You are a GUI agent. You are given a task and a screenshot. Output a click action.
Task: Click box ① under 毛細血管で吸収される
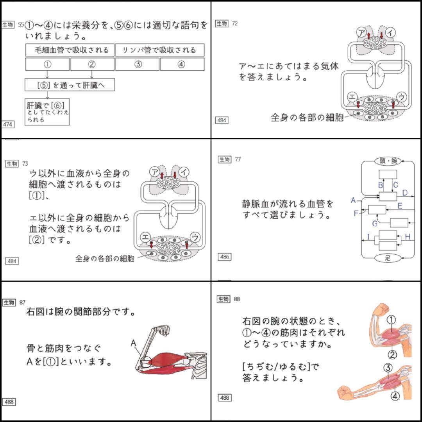[47, 64]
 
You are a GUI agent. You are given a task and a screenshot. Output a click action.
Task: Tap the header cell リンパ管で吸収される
[159, 50]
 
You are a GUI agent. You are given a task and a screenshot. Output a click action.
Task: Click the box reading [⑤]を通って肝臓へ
[70, 85]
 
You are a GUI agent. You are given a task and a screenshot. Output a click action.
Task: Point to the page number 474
[8, 125]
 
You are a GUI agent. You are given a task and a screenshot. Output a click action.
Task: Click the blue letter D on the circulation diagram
[405, 193]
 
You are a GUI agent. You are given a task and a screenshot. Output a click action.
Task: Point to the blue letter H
[407, 237]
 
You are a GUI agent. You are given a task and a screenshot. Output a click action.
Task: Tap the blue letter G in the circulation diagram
[375, 224]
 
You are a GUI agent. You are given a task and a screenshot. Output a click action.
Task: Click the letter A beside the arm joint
[133, 343]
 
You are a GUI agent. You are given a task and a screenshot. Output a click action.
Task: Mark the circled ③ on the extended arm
[388, 368]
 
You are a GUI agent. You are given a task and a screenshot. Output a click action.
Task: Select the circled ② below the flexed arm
[392, 354]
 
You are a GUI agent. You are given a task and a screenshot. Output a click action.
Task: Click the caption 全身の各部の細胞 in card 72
[307, 117]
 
